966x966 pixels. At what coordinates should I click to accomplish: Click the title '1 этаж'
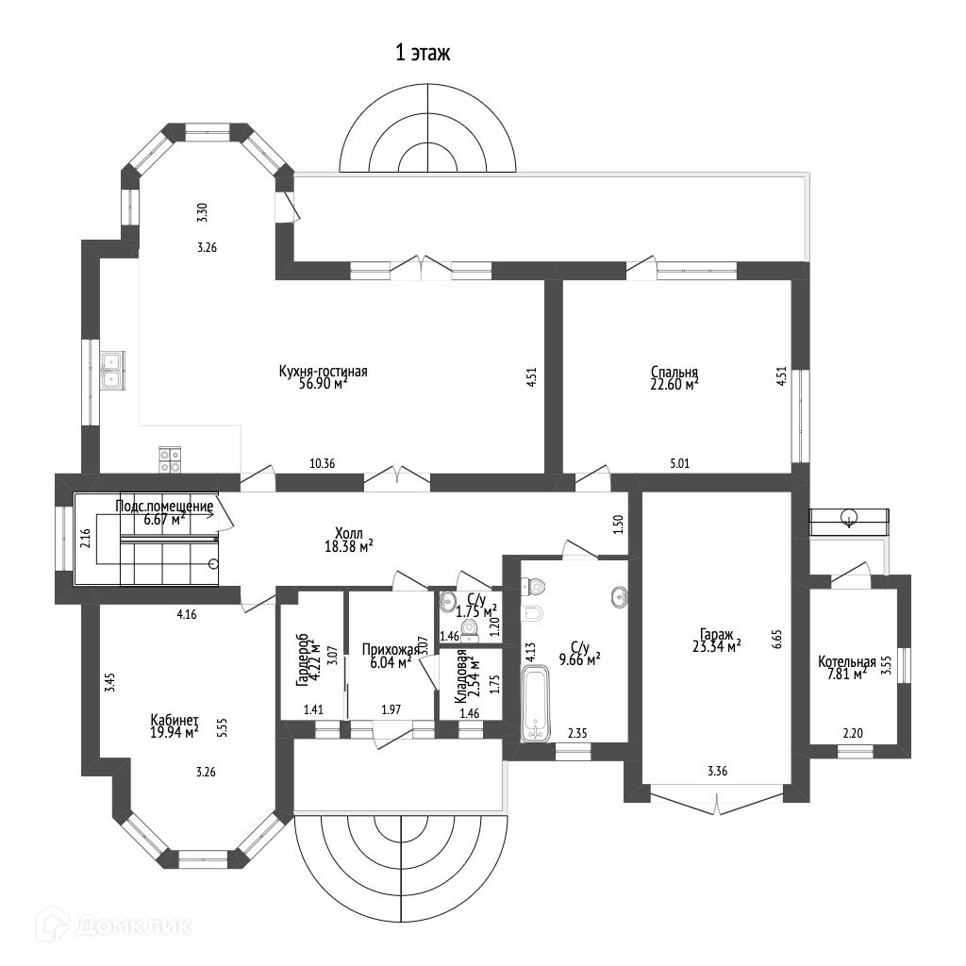coord(423,53)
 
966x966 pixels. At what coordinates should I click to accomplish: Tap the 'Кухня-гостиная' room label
coord(323,371)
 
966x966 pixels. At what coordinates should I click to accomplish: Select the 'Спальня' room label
coord(674,371)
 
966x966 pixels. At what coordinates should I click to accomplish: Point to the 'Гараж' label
coord(717,634)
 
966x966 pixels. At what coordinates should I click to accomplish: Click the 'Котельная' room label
coord(846,661)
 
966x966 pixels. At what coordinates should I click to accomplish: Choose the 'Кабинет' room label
coord(174,720)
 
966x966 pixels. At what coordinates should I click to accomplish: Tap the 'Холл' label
coord(348,533)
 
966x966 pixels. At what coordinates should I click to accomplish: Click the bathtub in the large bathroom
coord(535,703)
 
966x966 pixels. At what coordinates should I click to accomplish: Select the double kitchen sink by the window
coord(111,369)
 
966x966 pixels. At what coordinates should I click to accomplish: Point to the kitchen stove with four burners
coord(170,458)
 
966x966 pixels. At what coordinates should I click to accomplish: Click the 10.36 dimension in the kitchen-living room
coord(323,463)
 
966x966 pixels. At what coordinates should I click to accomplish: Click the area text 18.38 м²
coord(347,546)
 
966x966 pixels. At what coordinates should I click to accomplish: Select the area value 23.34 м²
coord(716,646)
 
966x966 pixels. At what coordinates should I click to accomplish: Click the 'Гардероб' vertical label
coord(301,660)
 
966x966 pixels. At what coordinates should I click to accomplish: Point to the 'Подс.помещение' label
coord(164,507)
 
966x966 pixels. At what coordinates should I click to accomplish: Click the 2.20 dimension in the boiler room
coord(853,731)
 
